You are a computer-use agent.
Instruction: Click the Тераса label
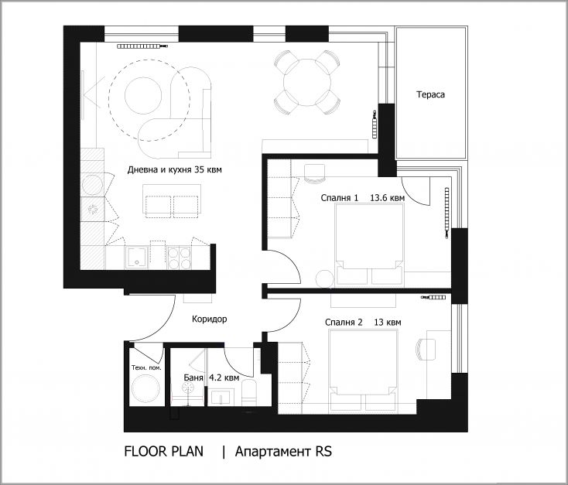430,94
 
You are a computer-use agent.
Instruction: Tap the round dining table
307,82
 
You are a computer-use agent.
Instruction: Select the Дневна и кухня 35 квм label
174,169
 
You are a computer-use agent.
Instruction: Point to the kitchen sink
136,257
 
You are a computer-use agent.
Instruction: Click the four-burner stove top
180,258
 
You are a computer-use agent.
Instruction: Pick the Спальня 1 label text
340,198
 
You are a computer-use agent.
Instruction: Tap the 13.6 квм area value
387,198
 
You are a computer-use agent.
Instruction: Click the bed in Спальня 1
369,244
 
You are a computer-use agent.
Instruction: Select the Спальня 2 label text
344,323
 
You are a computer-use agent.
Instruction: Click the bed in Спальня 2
362,371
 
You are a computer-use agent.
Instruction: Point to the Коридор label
210,319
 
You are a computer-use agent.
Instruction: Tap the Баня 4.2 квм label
211,377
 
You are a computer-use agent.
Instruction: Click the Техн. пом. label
146,367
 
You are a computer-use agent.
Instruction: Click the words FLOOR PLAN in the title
164,451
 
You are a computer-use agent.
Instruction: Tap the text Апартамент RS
283,451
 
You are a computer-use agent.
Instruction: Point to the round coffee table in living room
143,95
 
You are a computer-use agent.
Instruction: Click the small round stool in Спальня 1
324,279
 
